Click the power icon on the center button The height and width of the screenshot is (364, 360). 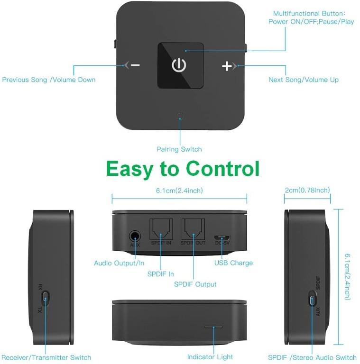pyautogui.click(x=179, y=65)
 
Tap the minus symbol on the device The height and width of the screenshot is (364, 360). pyautogui.click(x=135, y=65)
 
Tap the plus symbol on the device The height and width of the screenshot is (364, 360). pyautogui.click(x=227, y=66)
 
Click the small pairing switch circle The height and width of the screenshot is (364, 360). pyautogui.click(x=180, y=116)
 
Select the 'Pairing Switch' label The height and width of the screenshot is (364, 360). pyautogui.click(x=179, y=149)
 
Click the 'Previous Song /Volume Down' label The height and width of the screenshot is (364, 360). pyautogui.click(x=49, y=80)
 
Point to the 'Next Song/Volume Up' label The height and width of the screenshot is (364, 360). pyautogui.click(x=304, y=80)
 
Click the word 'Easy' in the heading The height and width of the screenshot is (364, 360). pyautogui.click(x=129, y=169)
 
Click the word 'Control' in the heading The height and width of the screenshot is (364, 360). pyautogui.click(x=223, y=169)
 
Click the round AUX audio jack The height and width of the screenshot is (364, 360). pyautogui.click(x=135, y=236)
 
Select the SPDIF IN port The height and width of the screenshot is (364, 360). pyautogui.click(x=161, y=230)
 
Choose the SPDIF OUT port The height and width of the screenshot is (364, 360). pyautogui.click(x=194, y=230)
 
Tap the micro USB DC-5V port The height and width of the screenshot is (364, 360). pyautogui.click(x=222, y=237)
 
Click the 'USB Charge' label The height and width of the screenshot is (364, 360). pyautogui.click(x=233, y=263)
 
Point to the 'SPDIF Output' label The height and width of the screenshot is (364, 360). pyautogui.click(x=195, y=284)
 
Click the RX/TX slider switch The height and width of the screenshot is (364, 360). pyautogui.click(x=45, y=299)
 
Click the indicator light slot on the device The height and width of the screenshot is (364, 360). pyautogui.click(x=213, y=327)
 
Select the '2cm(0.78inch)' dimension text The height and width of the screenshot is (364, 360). pyautogui.click(x=307, y=191)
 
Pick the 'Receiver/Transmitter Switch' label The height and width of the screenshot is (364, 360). pyautogui.click(x=46, y=357)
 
